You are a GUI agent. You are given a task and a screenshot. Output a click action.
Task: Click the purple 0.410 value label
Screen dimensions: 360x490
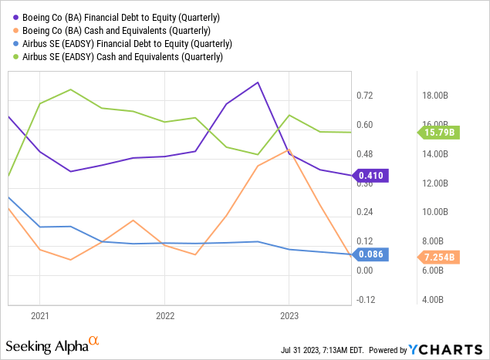371,176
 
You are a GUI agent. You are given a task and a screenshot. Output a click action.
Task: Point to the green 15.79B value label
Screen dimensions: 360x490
439,133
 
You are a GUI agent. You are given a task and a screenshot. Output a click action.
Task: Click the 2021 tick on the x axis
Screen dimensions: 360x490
39,316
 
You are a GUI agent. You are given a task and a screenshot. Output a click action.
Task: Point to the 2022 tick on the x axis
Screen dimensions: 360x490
164,316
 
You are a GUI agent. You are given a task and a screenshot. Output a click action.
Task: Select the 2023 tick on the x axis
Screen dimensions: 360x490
289,316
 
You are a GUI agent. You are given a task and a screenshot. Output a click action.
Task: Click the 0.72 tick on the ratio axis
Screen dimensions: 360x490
364,96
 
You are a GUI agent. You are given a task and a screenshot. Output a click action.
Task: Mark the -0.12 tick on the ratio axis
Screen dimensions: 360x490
363,300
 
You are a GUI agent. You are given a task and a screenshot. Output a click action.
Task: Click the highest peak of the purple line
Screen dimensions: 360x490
258,82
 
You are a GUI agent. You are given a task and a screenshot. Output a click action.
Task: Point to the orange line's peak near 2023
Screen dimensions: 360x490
289,150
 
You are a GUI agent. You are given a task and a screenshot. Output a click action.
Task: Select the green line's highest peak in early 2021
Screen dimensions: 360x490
71,89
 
